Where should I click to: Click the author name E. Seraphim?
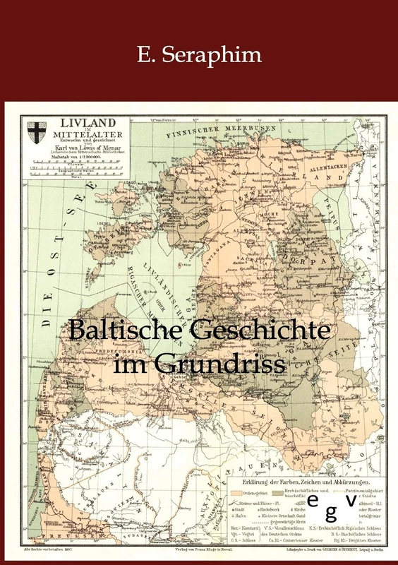pos(199,54)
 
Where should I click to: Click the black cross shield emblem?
pos(35,132)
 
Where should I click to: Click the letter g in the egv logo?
pos(331,509)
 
